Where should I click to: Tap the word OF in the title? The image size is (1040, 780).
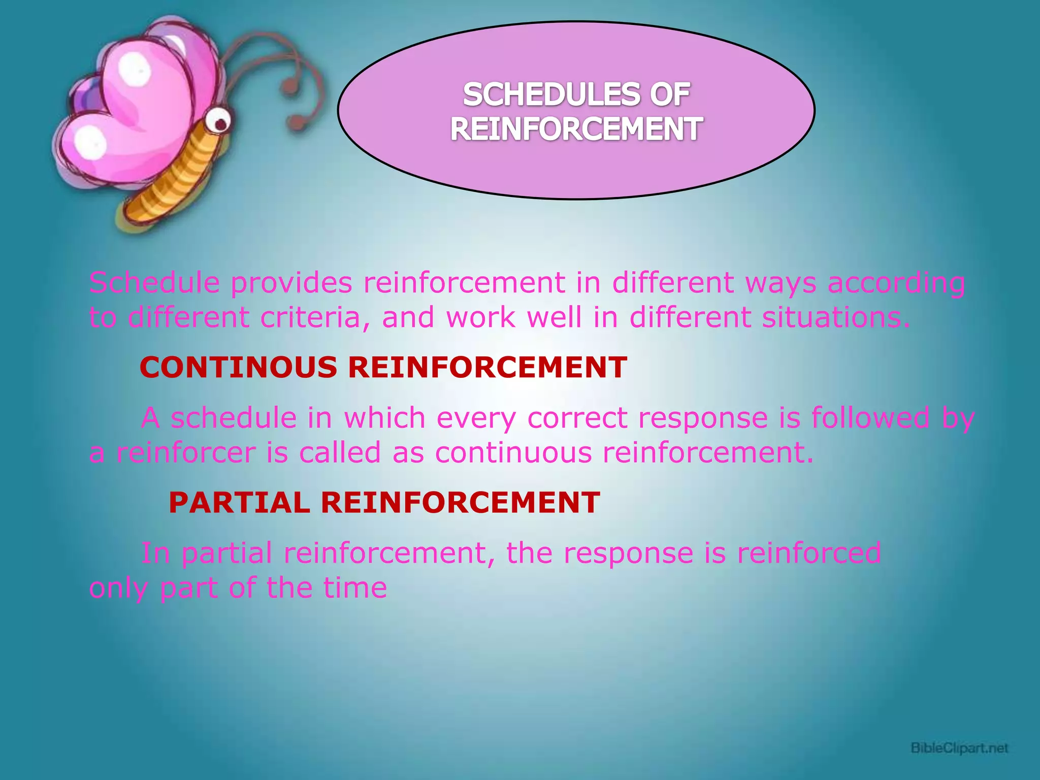pos(670,95)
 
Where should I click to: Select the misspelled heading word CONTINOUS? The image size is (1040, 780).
pos(238,367)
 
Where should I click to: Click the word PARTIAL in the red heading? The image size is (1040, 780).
pos(239,503)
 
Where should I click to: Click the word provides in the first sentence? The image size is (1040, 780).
pos(291,283)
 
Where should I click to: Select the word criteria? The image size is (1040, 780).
pos(314,318)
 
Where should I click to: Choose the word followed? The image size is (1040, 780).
pos(870,418)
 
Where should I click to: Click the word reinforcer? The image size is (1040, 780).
pos(186,452)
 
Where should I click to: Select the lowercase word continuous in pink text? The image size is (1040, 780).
pos(513,452)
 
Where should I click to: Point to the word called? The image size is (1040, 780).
pos(340,452)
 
